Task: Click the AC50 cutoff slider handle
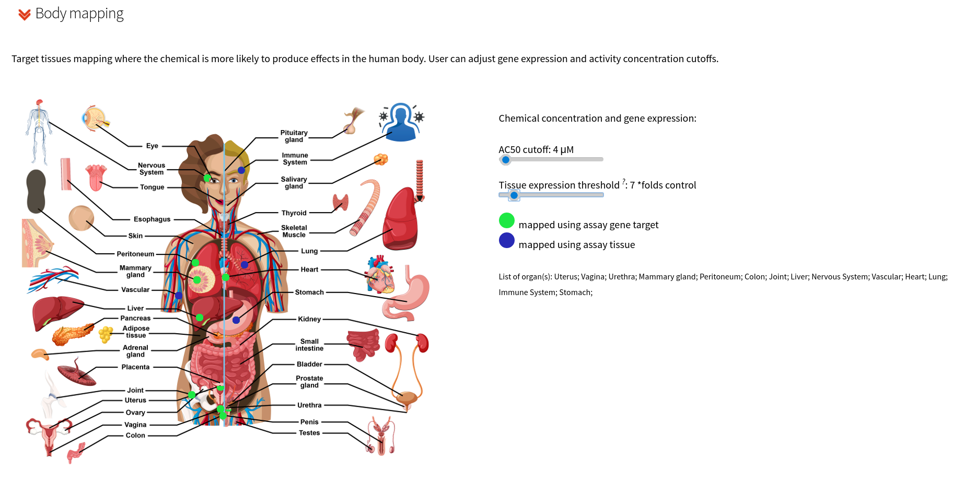pyautogui.click(x=505, y=160)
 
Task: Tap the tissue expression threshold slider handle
pyautogui.click(x=514, y=195)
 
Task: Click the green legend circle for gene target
pyautogui.click(x=507, y=220)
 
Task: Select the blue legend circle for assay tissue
pyautogui.click(x=507, y=240)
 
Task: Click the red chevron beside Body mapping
pyautogui.click(x=24, y=15)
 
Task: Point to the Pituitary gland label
pyautogui.click(x=294, y=136)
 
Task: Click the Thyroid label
pyautogui.click(x=294, y=213)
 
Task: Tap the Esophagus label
pyautogui.click(x=152, y=219)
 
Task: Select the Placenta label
pyautogui.click(x=135, y=367)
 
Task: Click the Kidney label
pyautogui.click(x=309, y=319)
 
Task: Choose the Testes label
pyautogui.click(x=309, y=433)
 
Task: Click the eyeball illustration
pyautogui.click(x=95, y=119)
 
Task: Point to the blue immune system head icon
pyautogui.click(x=401, y=122)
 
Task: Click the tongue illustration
pyautogui.click(x=96, y=178)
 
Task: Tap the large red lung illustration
pyautogui.click(x=401, y=219)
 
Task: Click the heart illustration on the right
pyautogui.click(x=380, y=274)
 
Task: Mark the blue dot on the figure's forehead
pyautogui.click(x=241, y=170)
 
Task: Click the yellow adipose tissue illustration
pyautogui.click(x=106, y=334)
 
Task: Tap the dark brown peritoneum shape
pyautogui.click(x=36, y=191)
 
